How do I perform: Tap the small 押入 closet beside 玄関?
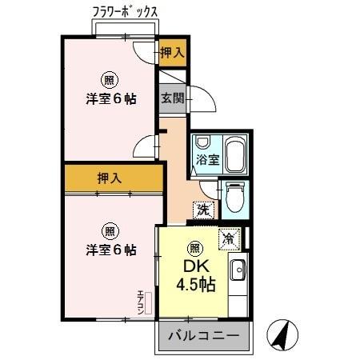(x=171, y=54)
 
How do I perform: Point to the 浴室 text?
(x=208, y=158)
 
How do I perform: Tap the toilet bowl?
(x=234, y=198)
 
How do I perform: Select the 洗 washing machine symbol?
(x=202, y=210)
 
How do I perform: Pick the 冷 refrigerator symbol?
(x=228, y=238)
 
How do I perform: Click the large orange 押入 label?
(x=110, y=178)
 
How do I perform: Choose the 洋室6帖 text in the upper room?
(x=110, y=99)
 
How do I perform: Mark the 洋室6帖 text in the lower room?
(x=110, y=250)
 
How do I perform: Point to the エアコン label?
(x=141, y=302)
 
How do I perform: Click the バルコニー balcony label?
(x=202, y=337)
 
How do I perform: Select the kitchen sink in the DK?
(x=238, y=270)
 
